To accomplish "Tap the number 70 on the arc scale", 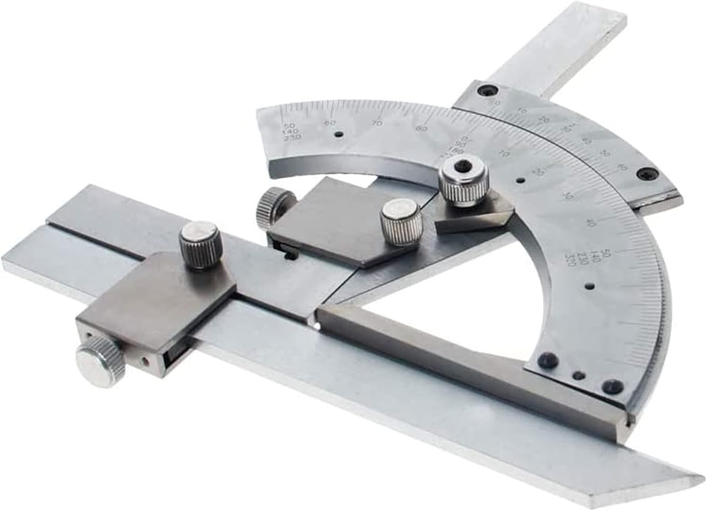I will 376,123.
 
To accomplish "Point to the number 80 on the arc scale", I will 422,128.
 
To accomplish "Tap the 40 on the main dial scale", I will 587,223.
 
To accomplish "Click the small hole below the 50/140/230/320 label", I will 589,286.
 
